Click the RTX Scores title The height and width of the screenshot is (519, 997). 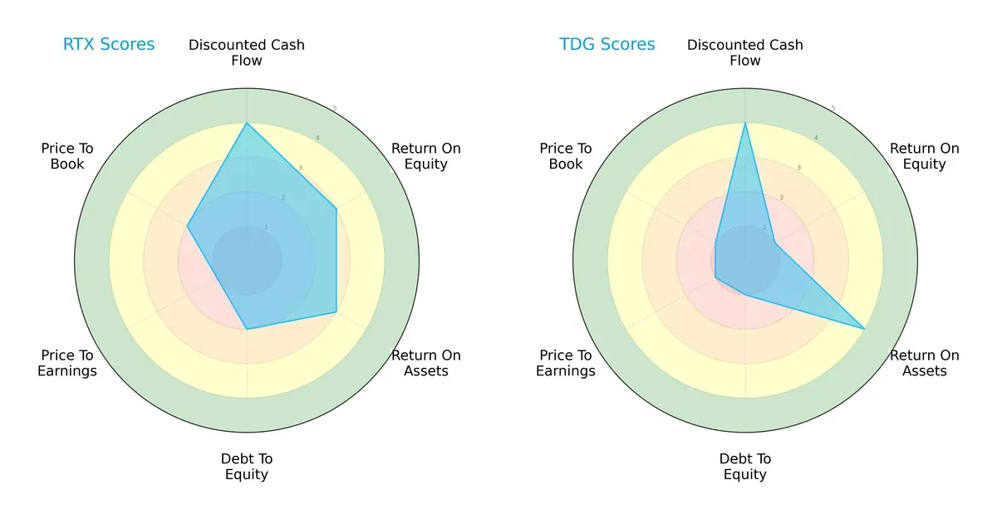(109, 45)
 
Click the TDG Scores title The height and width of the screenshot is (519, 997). (607, 45)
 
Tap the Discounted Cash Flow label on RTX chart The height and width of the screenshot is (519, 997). (247, 52)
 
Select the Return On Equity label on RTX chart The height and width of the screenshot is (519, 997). (426, 156)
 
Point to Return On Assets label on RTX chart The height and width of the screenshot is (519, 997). (426, 363)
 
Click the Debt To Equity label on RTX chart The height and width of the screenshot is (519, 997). (247, 467)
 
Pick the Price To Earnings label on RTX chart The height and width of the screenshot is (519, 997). (67, 363)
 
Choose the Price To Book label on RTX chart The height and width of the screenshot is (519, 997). (67, 156)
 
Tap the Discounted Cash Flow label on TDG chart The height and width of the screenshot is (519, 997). (745, 52)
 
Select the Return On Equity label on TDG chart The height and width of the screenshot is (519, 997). (925, 156)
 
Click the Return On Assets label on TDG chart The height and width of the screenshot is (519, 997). (925, 363)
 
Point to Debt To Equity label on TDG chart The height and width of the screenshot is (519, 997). (745, 467)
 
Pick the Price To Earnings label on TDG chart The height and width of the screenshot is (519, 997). (566, 363)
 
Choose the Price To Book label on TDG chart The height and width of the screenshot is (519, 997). (566, 156)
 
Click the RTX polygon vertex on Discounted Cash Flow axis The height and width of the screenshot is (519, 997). (247, 123)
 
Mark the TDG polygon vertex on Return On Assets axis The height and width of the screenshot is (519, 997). (865, 329)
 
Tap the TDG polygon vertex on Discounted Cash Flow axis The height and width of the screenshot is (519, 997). (745, 123)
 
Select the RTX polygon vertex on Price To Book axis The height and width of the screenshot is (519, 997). (187, 226)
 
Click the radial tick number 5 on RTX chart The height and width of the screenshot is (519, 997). (335, 109)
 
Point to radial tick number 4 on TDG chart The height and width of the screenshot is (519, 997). (816, 138)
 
